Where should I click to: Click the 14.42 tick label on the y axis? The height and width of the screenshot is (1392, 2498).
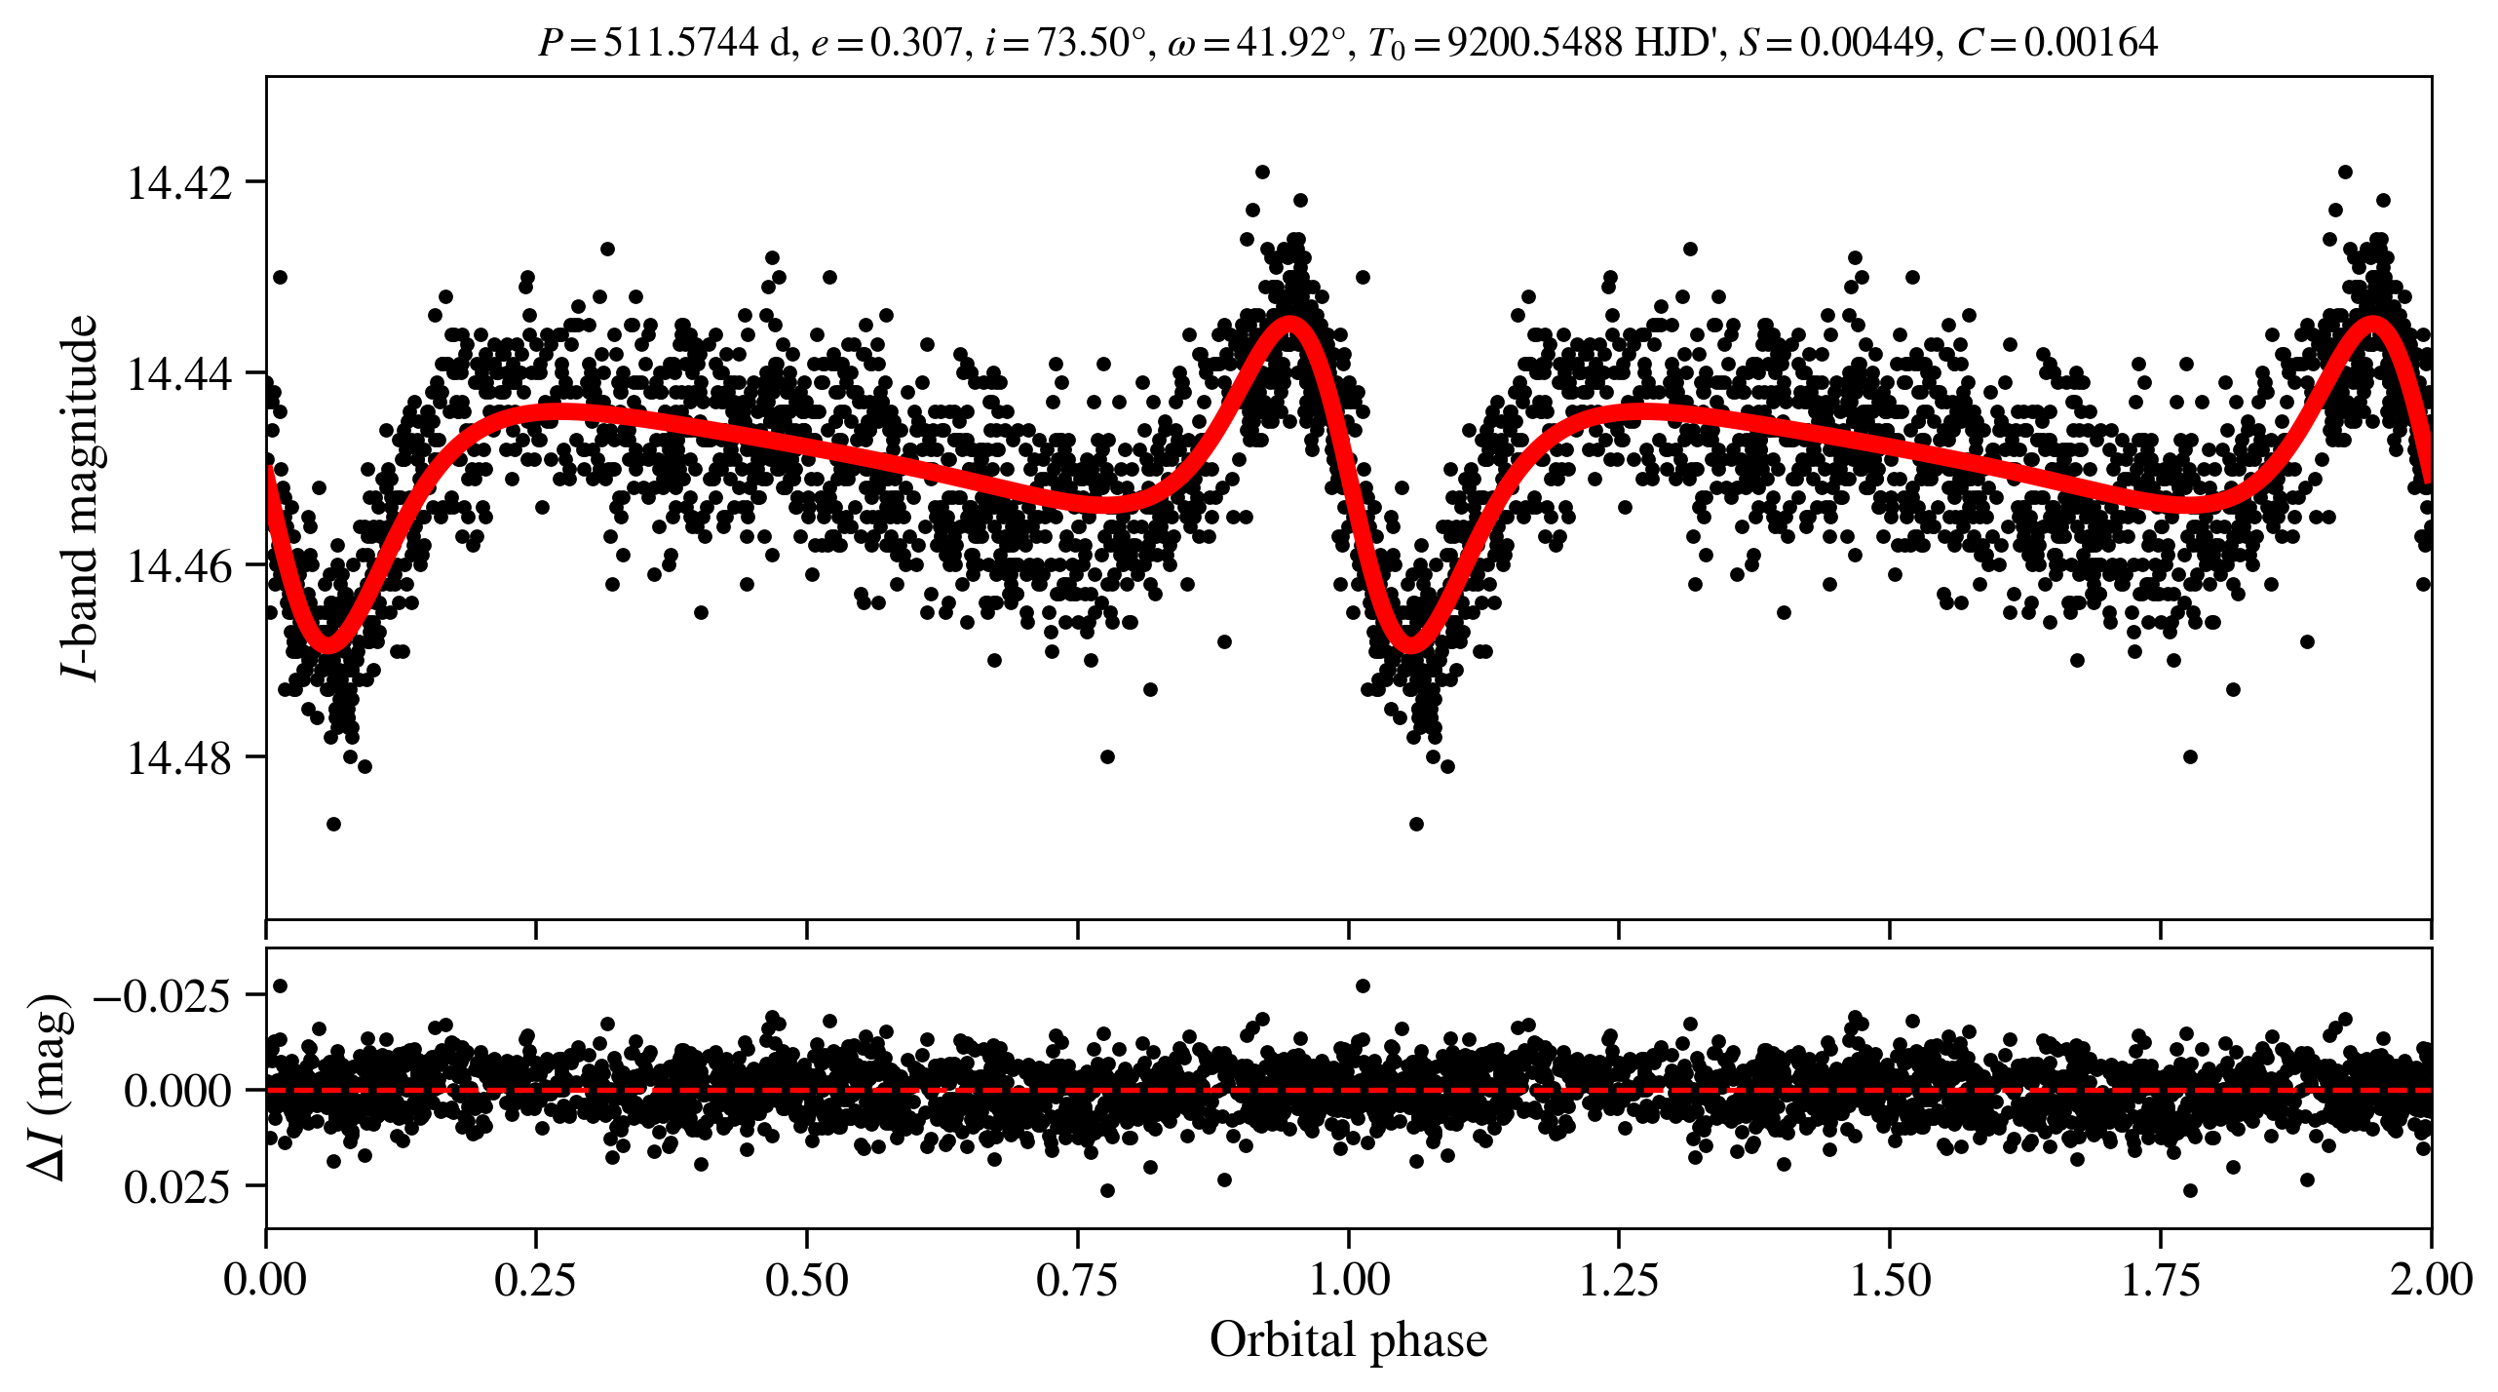(179, 182)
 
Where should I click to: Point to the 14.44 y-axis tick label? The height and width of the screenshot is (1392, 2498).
(179, 373)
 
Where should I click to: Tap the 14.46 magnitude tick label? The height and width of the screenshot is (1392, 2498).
(179, 565)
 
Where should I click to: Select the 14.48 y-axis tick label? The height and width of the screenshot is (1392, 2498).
(179, 757)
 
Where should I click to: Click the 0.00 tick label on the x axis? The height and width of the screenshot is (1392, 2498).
(265, 1279)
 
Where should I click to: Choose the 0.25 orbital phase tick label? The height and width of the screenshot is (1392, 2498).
(535, 1279)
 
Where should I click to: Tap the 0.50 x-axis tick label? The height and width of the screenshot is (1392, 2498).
(806, 1279)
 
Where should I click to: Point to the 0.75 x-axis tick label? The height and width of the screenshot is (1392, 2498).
(1077, 1279)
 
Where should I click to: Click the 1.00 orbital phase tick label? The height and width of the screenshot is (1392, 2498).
(1348, 1279)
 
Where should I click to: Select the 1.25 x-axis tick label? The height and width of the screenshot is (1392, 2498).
(1618, 1279)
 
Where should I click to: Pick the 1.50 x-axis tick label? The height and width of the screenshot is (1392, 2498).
(1889, 1279)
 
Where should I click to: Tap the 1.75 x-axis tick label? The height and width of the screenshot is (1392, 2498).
(2160, 1279)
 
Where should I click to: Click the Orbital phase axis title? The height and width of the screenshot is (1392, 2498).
(1348, 1340)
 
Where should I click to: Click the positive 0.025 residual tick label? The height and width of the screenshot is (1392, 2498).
(177, 1187)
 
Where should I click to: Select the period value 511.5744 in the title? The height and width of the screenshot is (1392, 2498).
(680, 43)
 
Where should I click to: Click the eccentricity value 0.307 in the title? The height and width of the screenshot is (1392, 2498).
(915, 43)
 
